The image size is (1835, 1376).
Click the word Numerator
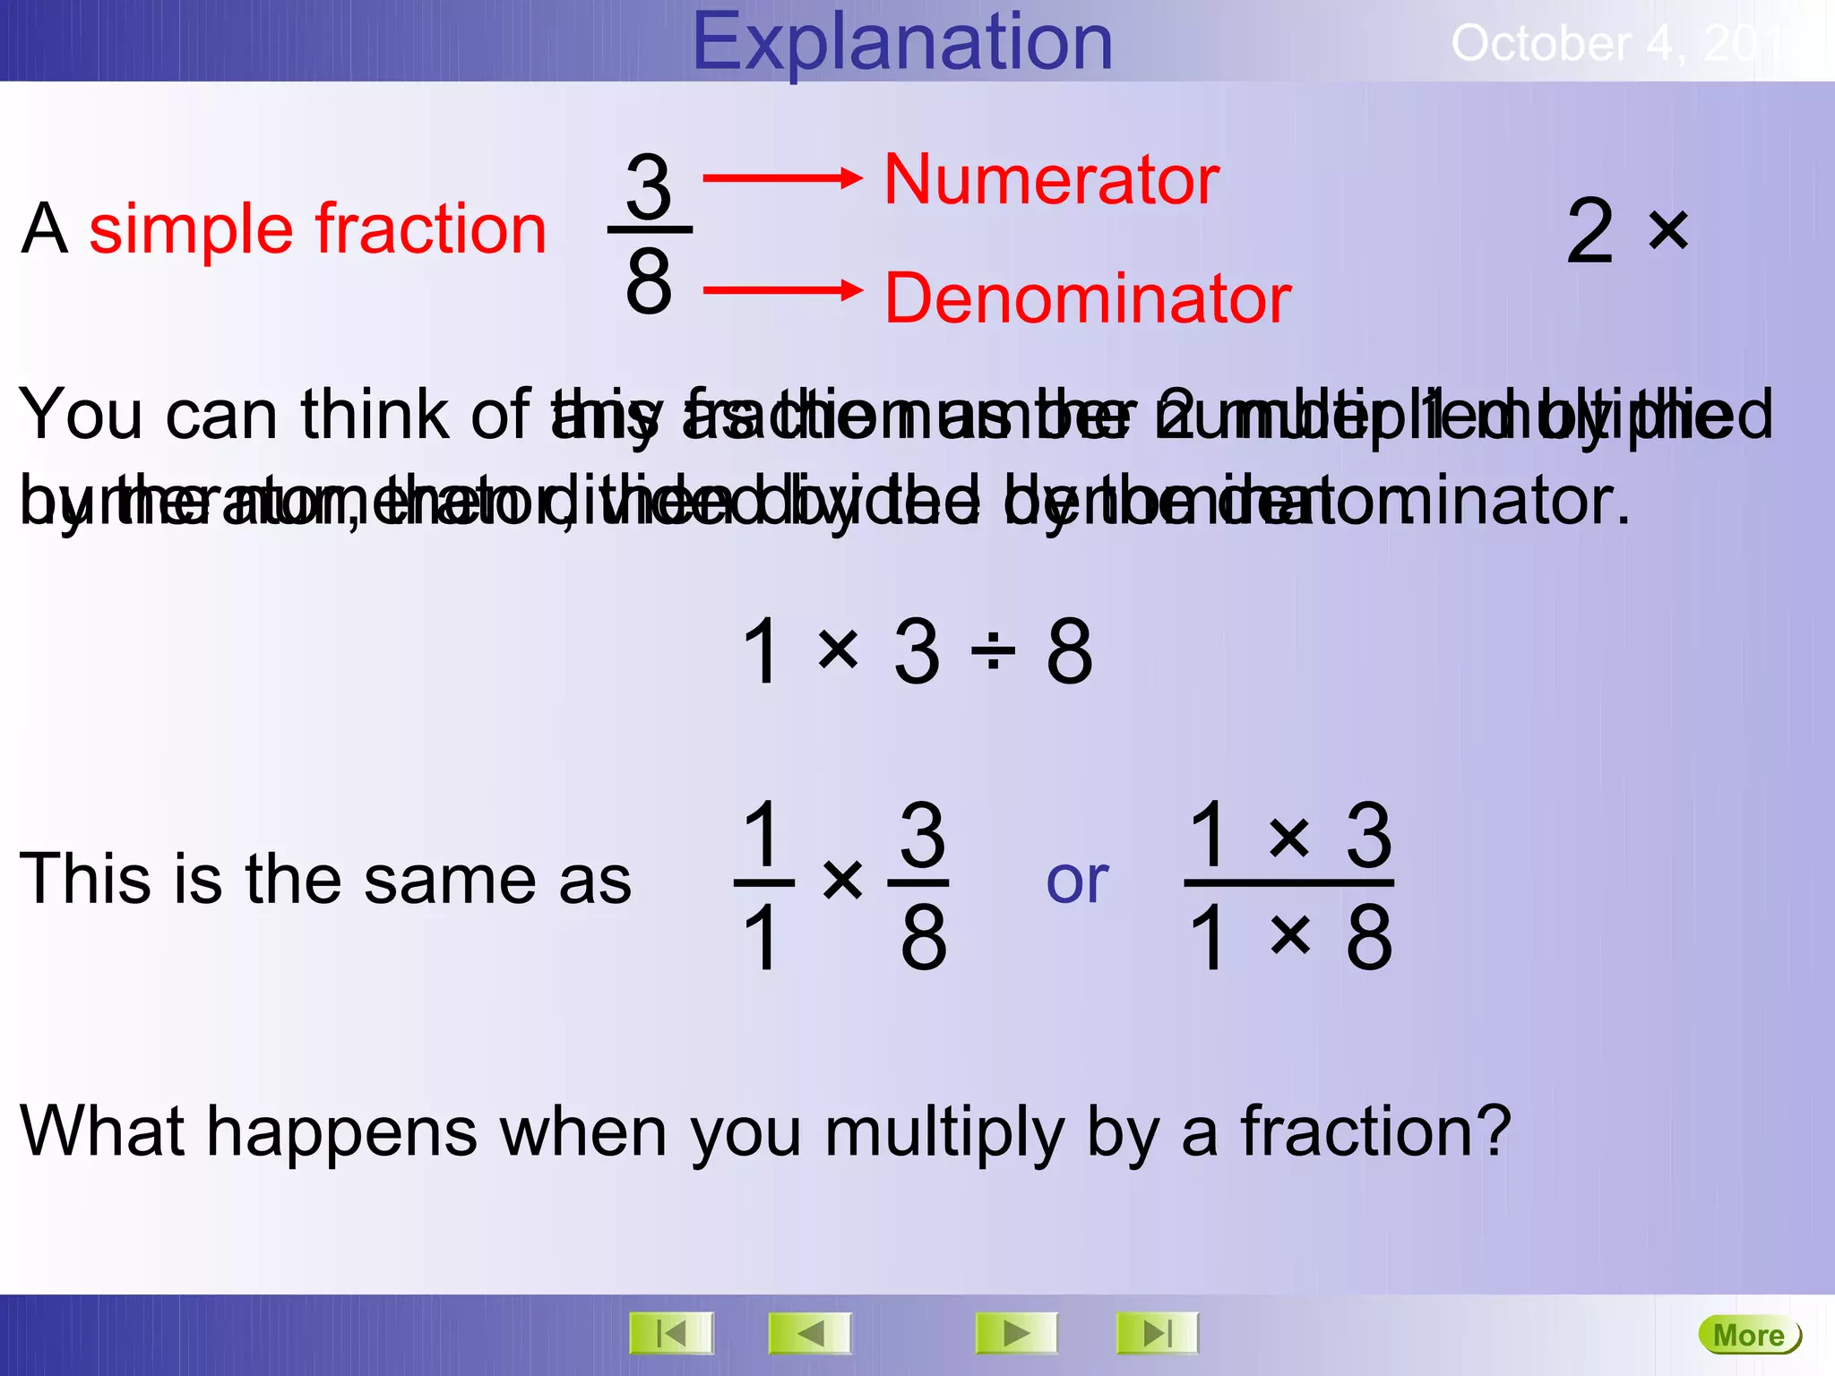click(1051, 180)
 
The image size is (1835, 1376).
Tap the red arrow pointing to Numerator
click(781, 178)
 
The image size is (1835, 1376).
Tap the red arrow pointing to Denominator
click(781, 290)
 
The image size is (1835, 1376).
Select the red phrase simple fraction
click(318, 229)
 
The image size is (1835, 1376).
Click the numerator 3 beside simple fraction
click(649, 186)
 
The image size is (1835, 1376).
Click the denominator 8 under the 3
click(649, 281)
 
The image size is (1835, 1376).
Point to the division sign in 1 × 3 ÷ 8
click(993, 652)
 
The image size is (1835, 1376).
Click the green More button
click(1748, 1335)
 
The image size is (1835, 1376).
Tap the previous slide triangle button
click(810, 1334)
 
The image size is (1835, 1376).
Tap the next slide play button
click(1016, 1334)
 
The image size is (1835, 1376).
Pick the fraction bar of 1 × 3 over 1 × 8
click(1288, 883)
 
